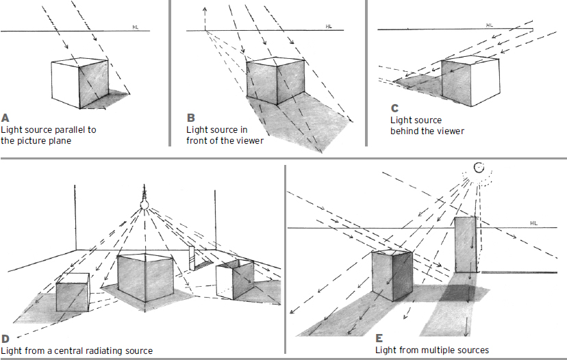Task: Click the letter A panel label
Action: point(5,116)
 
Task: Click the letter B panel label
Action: point(190,117)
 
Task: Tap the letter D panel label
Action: point(5,338)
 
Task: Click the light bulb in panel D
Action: point(145,203)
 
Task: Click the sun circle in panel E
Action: point(479,166)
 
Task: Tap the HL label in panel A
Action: point(136,27)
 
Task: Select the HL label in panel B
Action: point(329,27)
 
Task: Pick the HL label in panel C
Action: point(489,25)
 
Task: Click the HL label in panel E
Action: point(533,223)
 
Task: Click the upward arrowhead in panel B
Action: point(204,10)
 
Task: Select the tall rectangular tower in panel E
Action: point(466,244)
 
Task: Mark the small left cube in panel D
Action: point(72,292)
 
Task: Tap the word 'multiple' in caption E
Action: point(436,350)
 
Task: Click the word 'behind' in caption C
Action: point(404,131)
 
